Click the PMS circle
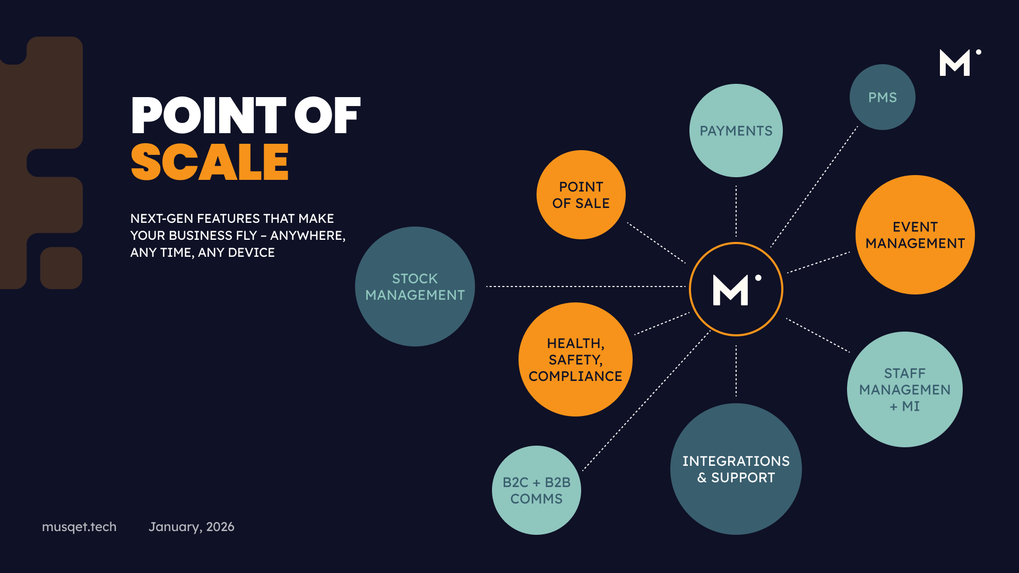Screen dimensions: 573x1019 coord(882,97)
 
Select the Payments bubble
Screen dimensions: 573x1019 coord(736,131)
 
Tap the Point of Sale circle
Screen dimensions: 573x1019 coord(581,195)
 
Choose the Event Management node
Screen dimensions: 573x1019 coord(915,235)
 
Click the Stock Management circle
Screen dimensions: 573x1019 coord(414,286)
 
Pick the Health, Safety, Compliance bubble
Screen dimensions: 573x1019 coord(575,359)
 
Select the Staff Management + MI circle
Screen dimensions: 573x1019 coord(904,389)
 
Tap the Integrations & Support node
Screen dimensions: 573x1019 coord(736,469)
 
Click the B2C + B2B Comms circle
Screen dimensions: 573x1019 coord(536,490)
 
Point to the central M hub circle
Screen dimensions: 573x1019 coord(736,289)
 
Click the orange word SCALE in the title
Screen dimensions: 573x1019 coord(210,162)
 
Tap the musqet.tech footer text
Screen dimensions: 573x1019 coord(79,527)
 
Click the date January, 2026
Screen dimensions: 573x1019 coord(191,527)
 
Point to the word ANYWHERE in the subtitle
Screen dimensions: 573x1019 coord(307,236)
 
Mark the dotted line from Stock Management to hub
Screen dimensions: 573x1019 coord(584,286)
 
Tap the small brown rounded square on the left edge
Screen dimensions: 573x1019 coord(61,268)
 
